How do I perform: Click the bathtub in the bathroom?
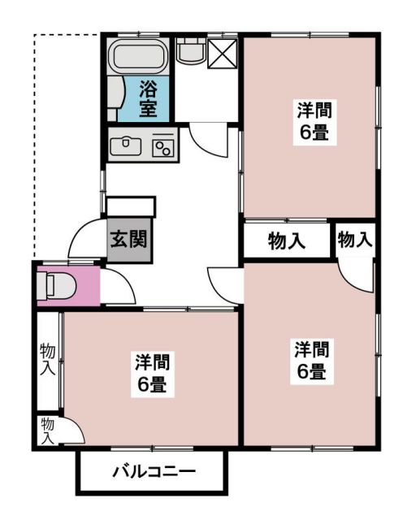tap(137, 57)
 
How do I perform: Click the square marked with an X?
tap(221, 53)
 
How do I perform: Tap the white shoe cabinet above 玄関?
tap(130, 206)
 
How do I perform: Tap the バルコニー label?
tap(154, 471)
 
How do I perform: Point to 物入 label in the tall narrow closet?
tap(48, 359)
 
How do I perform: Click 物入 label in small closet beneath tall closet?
tap(47, 430)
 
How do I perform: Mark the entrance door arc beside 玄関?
tap(85, 242)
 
